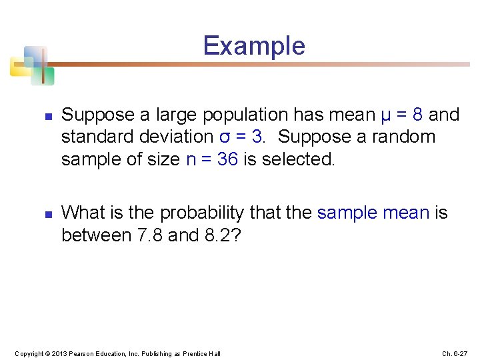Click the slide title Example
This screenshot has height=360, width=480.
pos(254,46)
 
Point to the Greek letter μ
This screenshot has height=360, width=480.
pos(386,115)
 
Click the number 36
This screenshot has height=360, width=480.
pos(227,159)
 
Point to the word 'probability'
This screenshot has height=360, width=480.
pos(193,213)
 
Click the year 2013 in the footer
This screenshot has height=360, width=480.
pos(57,353)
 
